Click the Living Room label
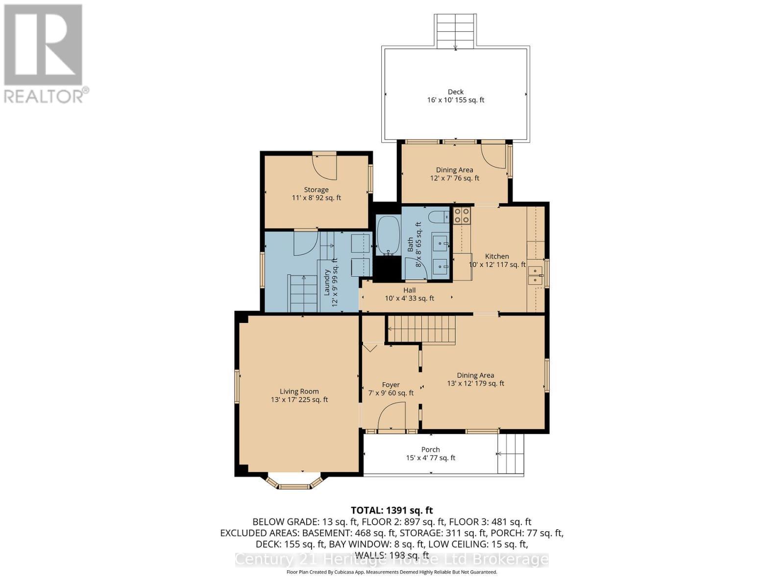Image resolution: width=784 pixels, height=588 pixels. click(299, 392)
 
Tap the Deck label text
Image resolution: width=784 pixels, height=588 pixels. click(455, 92)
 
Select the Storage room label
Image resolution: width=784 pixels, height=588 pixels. click(316, 190)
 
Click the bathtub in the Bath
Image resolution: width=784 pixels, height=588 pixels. click(389, 235)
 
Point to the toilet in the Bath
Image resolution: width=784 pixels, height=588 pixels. click(438, 216)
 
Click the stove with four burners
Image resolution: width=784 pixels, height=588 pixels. click(462, 216)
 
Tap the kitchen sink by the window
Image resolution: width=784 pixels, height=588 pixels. click(535, 275)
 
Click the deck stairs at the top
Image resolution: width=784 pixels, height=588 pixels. click(455, 30)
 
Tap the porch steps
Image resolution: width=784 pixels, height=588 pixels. click(511, 454)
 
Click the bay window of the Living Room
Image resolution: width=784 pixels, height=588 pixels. click(294, 482)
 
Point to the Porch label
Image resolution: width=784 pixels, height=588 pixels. click(430, 449)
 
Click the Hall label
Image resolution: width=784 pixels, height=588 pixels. click(409, 290)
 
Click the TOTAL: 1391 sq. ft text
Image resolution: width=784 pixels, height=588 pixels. click(392, 511)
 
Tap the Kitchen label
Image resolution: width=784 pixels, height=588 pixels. click(497, 256)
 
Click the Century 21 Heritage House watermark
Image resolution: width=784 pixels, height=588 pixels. click(392, 560)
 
